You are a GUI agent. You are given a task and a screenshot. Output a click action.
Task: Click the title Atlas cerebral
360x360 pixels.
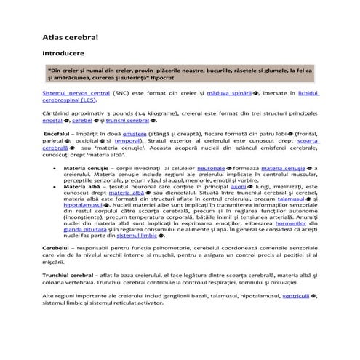click(x=71, y=34)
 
